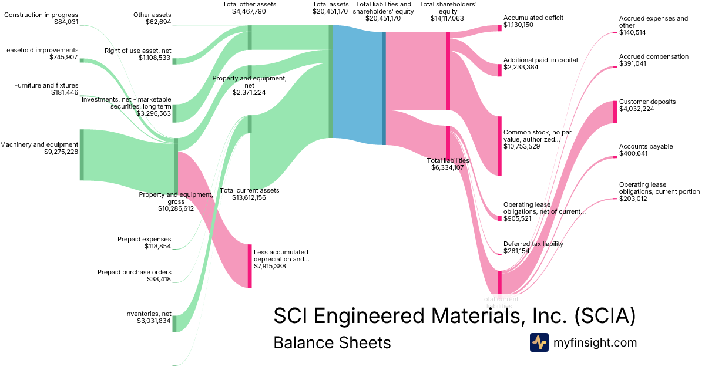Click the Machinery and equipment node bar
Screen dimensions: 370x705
[82, 154]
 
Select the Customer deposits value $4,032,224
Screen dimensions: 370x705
[639, 109]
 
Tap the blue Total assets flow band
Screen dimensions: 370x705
[357, 85]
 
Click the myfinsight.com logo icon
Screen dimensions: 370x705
[539, 342]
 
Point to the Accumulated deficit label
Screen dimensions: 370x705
[533, 18]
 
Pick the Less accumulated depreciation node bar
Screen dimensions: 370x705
[249, 266]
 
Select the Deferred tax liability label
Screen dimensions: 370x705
[533, 244]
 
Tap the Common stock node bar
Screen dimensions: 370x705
[499, 146]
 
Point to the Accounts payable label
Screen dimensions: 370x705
[646, 146]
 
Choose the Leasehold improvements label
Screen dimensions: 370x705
[41, 50]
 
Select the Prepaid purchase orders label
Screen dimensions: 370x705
[135, 272]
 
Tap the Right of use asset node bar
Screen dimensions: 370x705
[174, 61]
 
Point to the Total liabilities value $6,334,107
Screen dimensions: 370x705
[448, 167]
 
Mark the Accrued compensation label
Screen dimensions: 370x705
[653, 56]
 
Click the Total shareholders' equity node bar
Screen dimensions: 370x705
[448, 71]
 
